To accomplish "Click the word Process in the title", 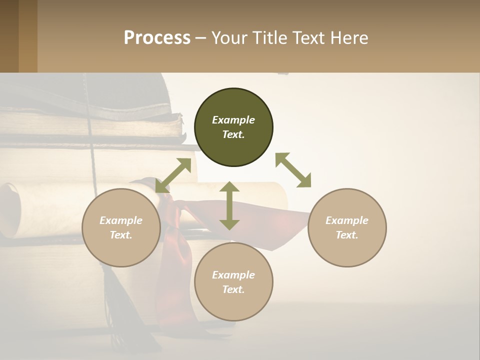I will pos(157,38).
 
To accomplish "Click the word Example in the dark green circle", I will pos(233,120).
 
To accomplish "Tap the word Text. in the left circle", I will pos(121,235).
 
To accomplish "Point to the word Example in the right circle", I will pos(347,220).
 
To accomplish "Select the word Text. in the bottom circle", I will pos(233,289).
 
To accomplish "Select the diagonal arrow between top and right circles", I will pos(293,170).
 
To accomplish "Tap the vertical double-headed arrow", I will pos(229,205).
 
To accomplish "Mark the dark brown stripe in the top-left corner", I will pos(9,36).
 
